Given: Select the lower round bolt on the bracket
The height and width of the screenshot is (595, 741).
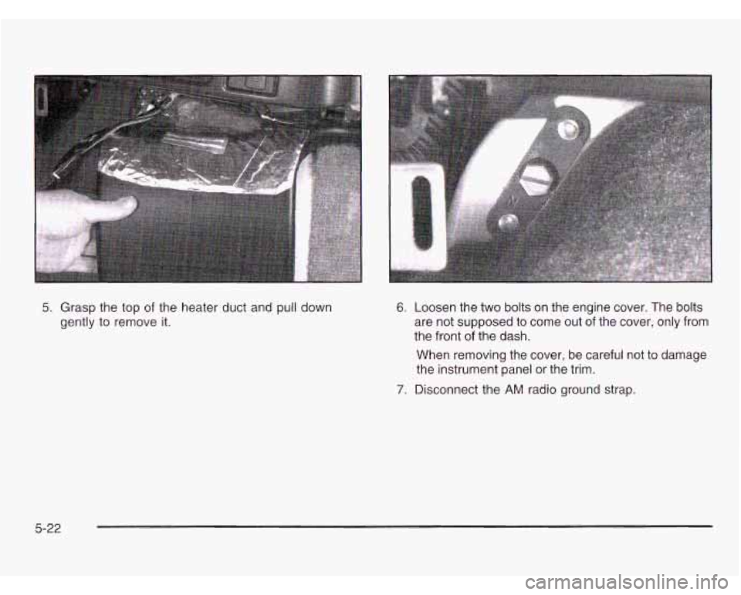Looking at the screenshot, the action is pos(507,221).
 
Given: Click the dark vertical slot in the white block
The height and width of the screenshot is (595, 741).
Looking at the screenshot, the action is pos(421,211).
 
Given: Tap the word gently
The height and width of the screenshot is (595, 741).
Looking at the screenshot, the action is pos(75,323).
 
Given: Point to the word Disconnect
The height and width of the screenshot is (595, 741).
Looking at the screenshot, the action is pos(442,390).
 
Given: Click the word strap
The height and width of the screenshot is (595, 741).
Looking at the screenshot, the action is pos(620,391).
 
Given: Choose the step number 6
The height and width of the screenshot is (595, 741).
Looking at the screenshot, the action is pos(400,308).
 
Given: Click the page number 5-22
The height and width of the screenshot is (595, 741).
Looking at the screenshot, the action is pos(47,529).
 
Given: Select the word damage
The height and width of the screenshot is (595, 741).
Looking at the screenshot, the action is pos(684,356).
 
